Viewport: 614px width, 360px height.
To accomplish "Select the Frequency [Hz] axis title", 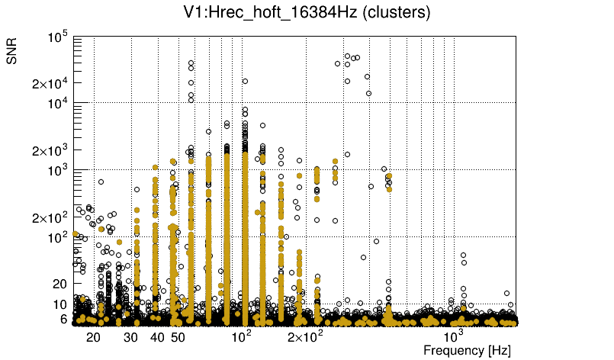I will pos(467,350).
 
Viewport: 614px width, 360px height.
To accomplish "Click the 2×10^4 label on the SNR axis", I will pos(50,83).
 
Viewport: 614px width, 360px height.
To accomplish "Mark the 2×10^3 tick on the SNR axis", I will pos(50,150).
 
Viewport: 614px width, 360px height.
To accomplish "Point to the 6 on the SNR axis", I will pos(65,319).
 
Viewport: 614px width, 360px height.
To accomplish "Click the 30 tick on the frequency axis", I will pos(131,336).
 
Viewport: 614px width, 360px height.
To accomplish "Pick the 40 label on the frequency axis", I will pos(158,336).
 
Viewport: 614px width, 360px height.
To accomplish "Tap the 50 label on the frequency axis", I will pos(178,336).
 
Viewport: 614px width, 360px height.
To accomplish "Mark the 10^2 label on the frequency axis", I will pos(243,336).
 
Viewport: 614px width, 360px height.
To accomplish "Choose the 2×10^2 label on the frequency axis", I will pos(305,336).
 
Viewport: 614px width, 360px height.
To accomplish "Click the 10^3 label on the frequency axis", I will pos(454,336).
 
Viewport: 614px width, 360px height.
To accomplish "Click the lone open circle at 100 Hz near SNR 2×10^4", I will pos(245,81).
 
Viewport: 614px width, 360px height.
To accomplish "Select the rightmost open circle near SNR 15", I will pos(506,293).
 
